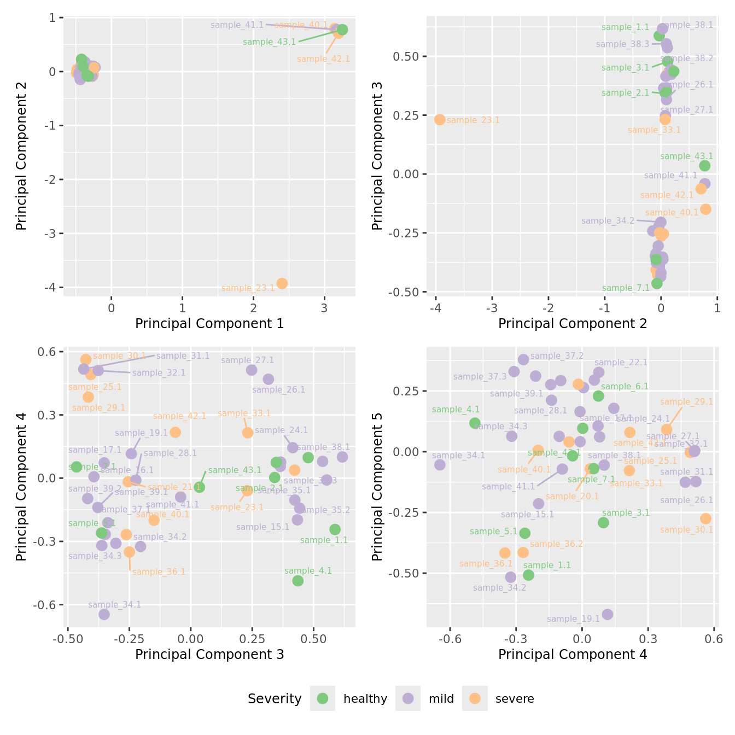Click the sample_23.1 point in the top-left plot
click(x=282, y=283)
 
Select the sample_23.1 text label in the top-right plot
click(x=473, y=120)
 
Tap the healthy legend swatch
click(x=323, y=698)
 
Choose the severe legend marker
click(x=475, y=698)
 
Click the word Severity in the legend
click(x=275, y=698)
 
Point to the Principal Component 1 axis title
click(x=209, y=324)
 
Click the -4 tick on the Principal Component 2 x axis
click(x=436, y=308)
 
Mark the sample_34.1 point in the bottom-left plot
click(x=104, y=614)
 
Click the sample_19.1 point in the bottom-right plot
click(x=607, y=614)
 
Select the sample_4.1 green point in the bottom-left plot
click(x=297, y=581)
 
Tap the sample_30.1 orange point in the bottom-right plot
click(x=705, y=518)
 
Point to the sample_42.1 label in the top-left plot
click(x=323, y=59)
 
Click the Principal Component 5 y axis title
click(x=377, y=486)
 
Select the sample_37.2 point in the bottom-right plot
click(x=523, y=359)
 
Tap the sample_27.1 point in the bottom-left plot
click(x=252, y=370)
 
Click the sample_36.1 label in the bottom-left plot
click(x=159, y=572)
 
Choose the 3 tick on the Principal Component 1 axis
click(x=324, y=308)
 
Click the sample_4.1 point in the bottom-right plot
click(x=475, y=423)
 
